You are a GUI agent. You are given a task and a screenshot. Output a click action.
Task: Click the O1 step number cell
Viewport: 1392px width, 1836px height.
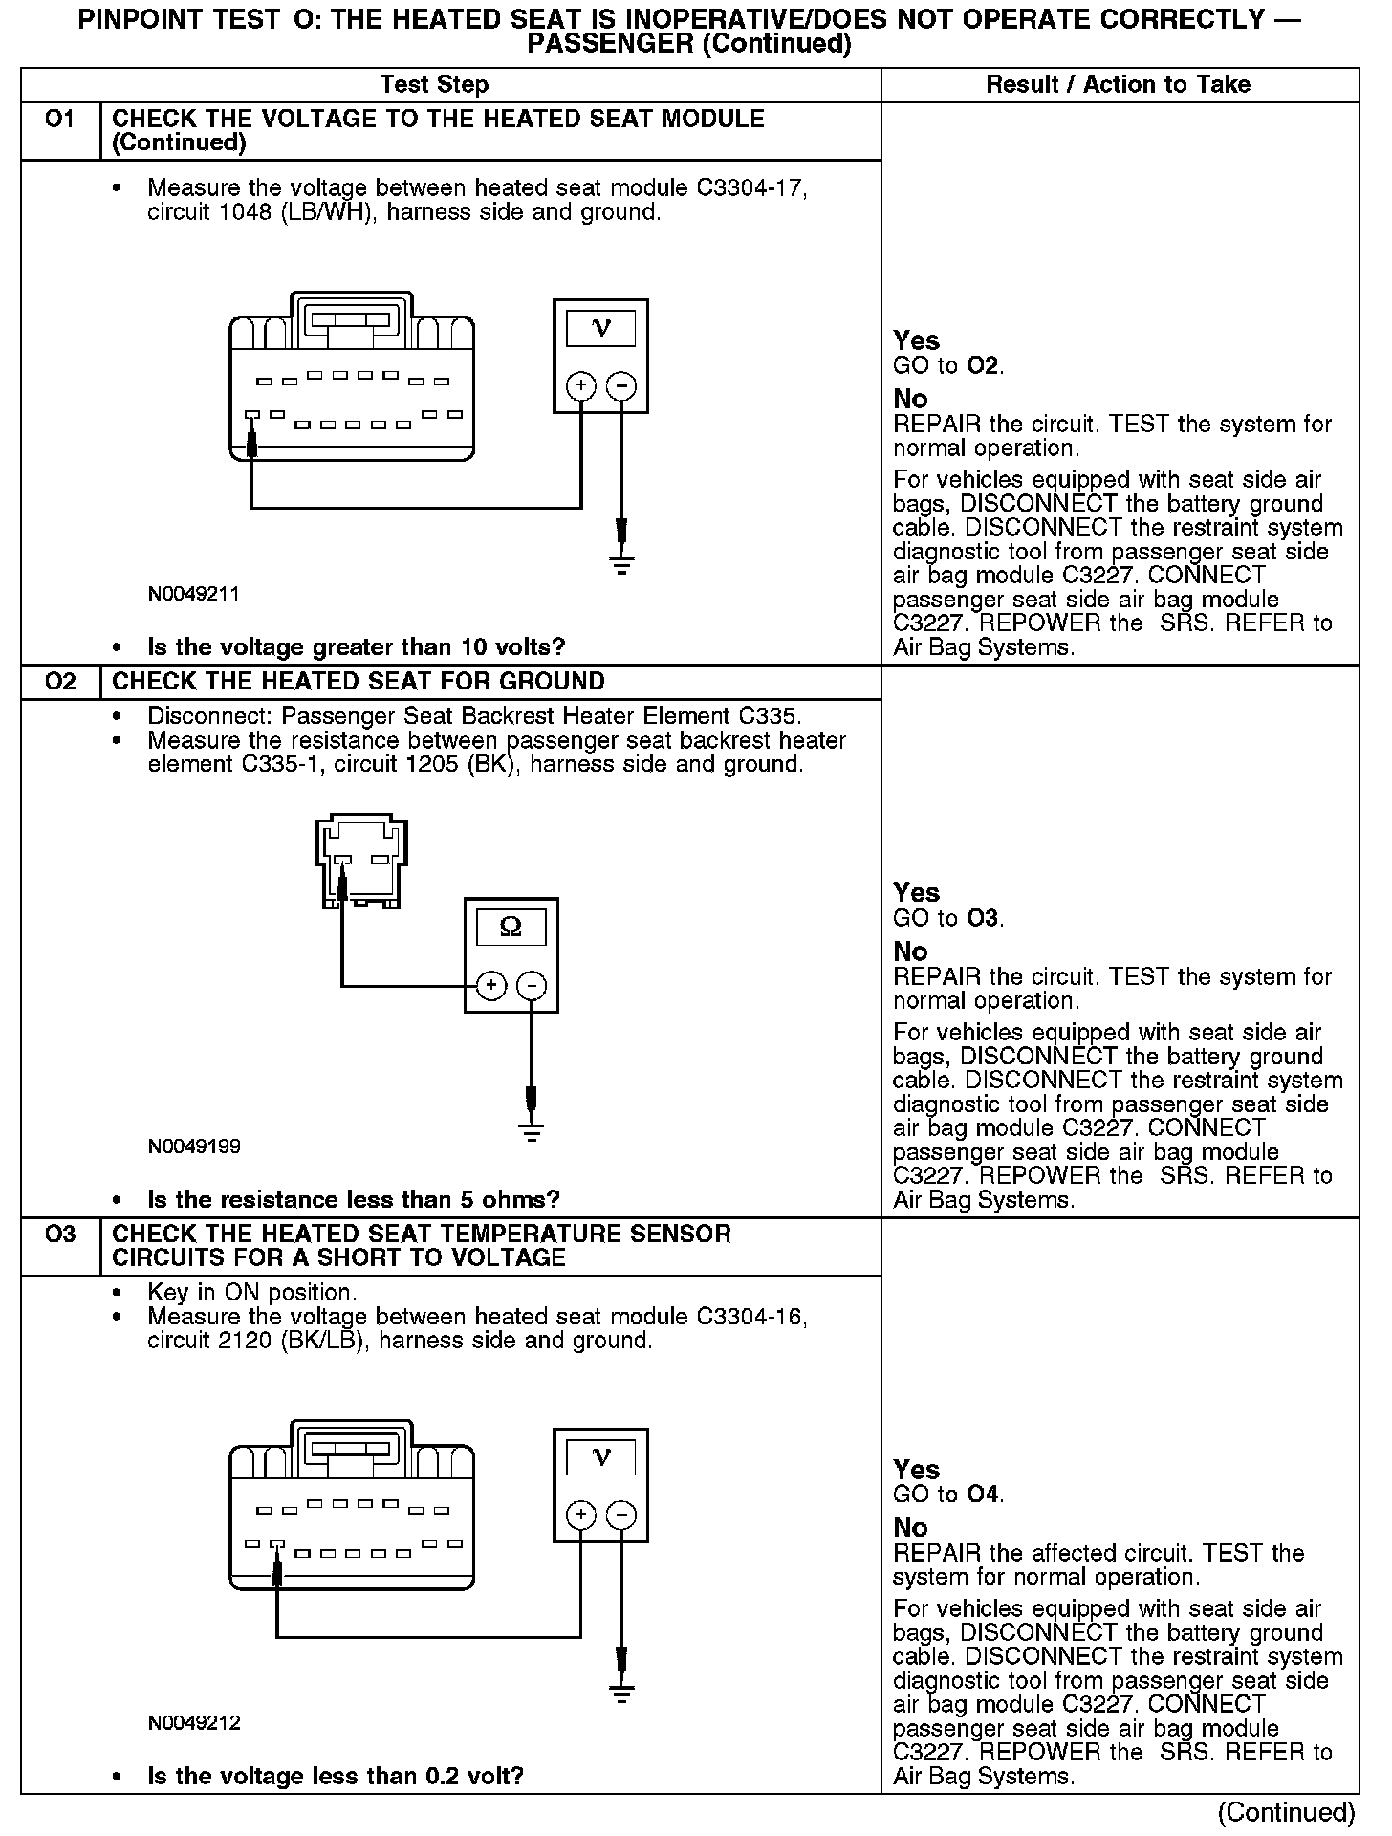[59, 120]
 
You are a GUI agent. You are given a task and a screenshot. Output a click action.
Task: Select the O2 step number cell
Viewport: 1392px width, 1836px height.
[59, 682]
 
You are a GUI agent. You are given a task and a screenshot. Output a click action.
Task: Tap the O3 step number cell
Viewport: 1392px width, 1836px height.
[59, 1235]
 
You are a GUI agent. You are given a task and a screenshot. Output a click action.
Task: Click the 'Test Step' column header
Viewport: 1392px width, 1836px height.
[434, 85]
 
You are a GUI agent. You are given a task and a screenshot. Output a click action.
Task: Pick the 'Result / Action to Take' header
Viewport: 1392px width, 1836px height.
[1118, 85]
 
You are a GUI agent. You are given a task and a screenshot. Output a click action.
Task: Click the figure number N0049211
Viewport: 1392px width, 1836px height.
[193, 594]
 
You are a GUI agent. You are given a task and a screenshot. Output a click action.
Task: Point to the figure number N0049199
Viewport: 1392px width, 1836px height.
[193, 1147]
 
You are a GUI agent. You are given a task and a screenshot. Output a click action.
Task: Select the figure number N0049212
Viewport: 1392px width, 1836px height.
[193, 1723]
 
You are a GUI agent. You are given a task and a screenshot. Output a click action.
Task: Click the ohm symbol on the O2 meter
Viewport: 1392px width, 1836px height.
[511, 927]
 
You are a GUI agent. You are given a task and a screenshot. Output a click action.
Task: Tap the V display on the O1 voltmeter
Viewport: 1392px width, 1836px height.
[600, 329]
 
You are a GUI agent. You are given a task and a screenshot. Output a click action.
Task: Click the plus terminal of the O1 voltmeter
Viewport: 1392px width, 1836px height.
[581, 386]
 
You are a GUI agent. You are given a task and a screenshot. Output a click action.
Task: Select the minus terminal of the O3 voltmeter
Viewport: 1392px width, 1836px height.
[621, 1515]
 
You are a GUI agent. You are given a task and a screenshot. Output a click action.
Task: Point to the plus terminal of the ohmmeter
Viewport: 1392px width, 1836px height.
[491, 986]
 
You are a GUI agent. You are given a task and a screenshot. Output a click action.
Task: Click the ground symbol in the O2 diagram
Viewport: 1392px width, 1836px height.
[532, 1132]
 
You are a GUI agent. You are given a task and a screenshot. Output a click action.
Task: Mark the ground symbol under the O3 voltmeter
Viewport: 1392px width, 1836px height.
[621, 1695]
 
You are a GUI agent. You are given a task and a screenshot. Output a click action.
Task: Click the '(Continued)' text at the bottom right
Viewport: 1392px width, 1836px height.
[1286, 1813]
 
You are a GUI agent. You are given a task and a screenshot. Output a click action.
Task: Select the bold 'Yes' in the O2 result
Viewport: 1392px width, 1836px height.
[916, 893]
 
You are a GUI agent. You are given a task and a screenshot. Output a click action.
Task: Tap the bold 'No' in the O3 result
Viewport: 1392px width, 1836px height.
[910, 1527]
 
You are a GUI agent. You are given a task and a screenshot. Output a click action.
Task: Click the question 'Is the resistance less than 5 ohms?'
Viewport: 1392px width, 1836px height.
[353, 1200]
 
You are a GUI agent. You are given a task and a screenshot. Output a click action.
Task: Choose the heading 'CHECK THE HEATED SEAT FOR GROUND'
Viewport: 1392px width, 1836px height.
[359, 682]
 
